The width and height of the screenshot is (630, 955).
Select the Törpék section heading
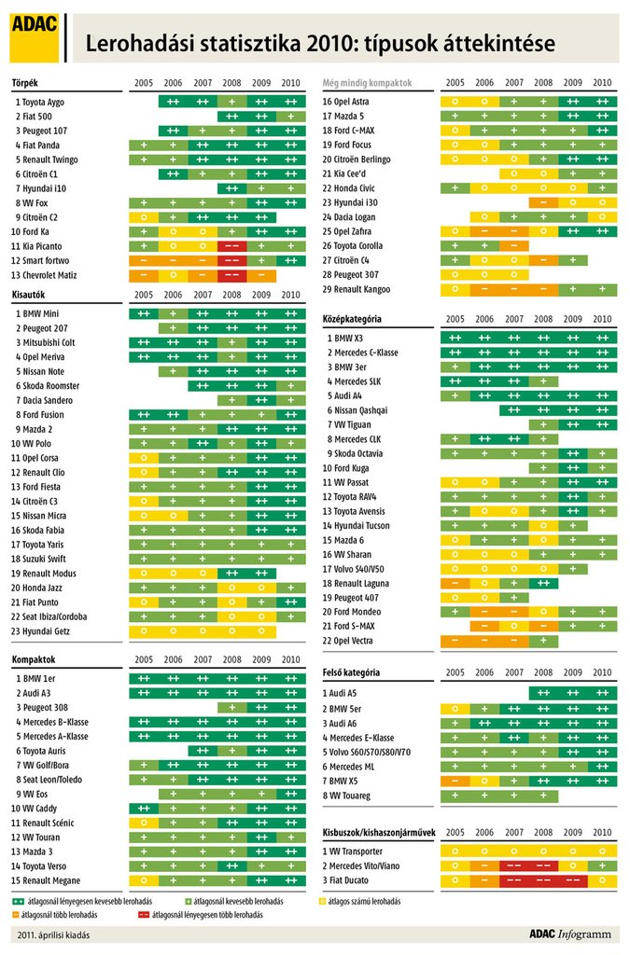(x=26, y=83)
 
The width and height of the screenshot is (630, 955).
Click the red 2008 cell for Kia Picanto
(x=232, y=246)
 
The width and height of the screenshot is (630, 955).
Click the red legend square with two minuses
(x=145, y=915)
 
